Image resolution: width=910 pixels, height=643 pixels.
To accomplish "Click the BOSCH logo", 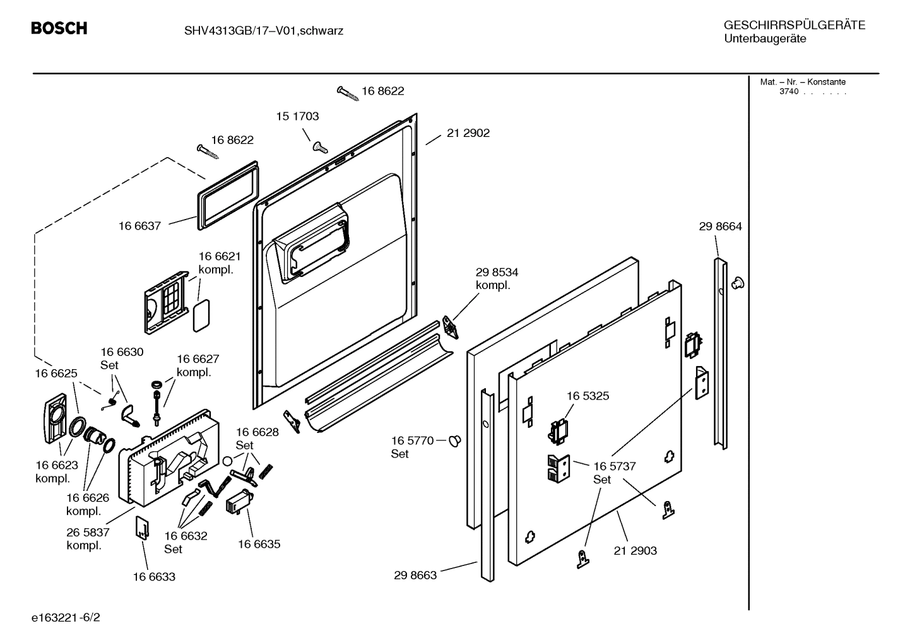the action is (59, 28).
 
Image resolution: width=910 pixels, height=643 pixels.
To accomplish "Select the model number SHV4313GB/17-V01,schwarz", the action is (264, 31).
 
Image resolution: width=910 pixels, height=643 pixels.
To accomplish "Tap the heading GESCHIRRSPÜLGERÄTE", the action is (795, 25).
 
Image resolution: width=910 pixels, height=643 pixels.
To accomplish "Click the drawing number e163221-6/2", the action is (66, 617).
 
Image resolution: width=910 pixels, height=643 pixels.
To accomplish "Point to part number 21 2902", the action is (468, 133).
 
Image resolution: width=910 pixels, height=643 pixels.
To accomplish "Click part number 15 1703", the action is (297, 116).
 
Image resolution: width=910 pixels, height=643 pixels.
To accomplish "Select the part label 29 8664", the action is (720, 227).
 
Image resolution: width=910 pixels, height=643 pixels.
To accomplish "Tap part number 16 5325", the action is (588, 396).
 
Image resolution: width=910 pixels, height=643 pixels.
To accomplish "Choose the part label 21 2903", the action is (635, 550).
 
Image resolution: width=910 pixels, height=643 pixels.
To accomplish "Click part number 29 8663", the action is (415, 575).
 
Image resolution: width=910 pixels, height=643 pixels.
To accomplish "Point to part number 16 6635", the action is (259, 544).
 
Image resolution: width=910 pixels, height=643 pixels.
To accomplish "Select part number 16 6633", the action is (154, 577).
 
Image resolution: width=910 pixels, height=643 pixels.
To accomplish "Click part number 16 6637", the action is (139, 226).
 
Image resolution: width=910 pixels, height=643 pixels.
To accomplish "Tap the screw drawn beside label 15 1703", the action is (321, 146).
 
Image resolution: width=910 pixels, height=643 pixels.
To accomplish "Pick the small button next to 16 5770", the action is (455, 440).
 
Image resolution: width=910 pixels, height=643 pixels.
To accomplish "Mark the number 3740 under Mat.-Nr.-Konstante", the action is (789, 91).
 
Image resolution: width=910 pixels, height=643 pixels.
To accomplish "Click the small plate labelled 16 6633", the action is (142, 528).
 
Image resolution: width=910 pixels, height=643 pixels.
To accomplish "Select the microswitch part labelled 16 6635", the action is (240, 502).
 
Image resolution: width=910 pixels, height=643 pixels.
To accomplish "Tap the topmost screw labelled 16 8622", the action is (348, 93).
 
